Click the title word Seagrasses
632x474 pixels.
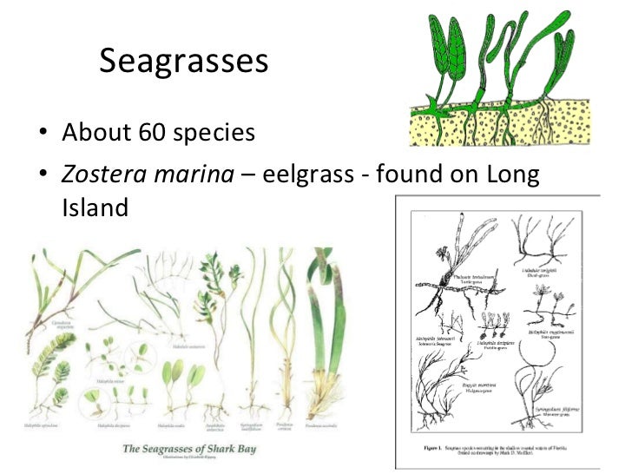(183, 61)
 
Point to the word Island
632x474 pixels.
(95, 208)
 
